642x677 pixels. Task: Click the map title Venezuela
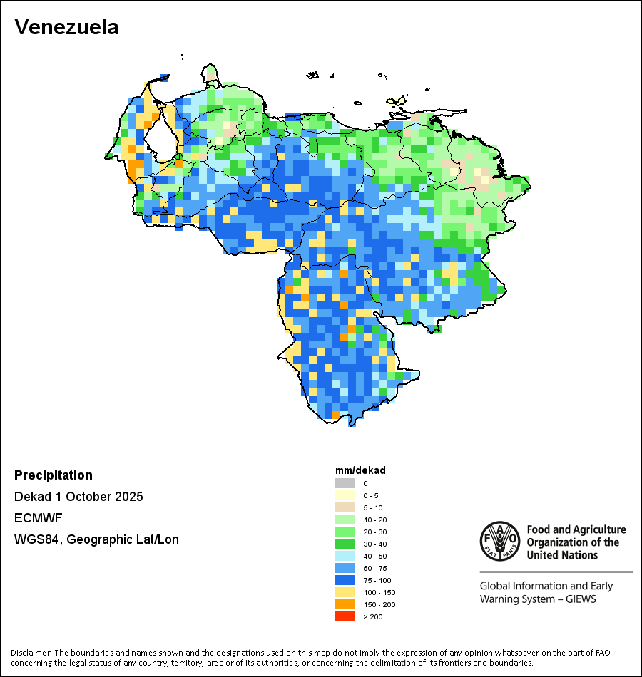click(x=66, y=27)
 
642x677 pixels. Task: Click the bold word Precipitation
click(x=53, y=475)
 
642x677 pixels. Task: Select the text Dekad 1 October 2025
click(x=78, y=497)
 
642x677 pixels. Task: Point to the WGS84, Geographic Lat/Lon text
click(x=96, y=539)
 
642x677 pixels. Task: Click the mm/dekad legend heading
click(x=360, y=470)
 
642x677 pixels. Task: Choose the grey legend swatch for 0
click(x=345, y=483)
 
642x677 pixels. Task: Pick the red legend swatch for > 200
click(x=345, y=616)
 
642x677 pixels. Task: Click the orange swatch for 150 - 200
click(x=345, y=604)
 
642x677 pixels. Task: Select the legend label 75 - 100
click(x=377, y=580)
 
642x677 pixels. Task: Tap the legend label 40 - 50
click(x=375, y=556)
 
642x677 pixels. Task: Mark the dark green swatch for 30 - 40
click(x=345, y=544)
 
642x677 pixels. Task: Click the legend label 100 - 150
click(x=379, y=592)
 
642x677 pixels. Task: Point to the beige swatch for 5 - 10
click(x=345, y=507)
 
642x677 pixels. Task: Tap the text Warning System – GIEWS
click(x=538, y=599)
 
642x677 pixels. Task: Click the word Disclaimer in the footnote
click(x=31, y=653)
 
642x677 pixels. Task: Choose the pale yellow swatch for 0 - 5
click(x=345, y=495)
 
